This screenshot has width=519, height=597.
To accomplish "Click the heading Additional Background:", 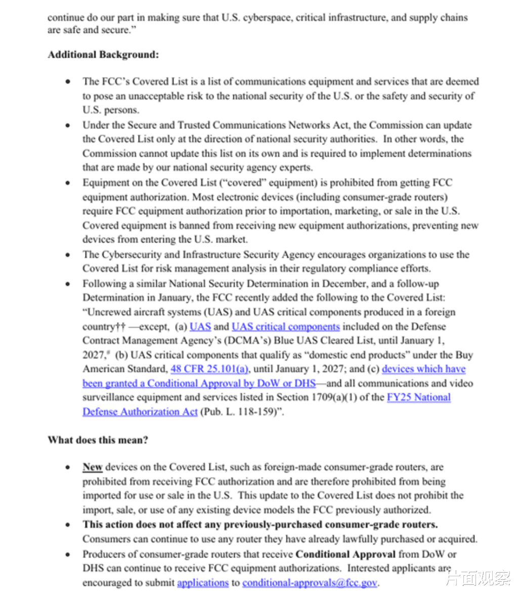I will click(x=103, y=55).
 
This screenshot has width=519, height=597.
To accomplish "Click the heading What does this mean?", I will click(x=98, y=440).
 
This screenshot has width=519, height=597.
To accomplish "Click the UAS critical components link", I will click(x=285, y=327).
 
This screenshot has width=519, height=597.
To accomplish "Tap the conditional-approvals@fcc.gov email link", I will click(x=310, y=582).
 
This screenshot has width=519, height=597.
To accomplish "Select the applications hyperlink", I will click(x=203, y=582).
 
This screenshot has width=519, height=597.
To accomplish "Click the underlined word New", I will click(x=93, y=467).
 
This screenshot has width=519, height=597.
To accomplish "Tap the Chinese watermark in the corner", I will click(x=478, y=577).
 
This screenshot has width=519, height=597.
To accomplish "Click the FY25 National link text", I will click(x=418, y=397).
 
